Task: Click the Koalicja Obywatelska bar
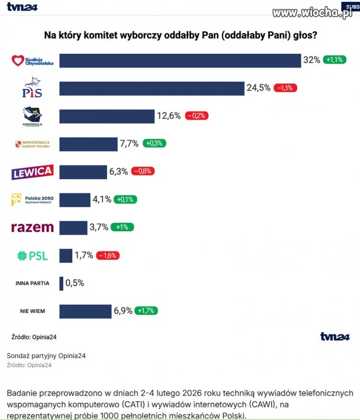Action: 180,60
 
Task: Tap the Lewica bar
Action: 83,172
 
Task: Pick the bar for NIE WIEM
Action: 85,311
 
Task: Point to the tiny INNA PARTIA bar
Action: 61,283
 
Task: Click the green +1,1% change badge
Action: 334,60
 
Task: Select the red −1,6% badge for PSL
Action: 108,255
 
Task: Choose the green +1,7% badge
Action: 146,311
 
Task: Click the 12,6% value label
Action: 168,116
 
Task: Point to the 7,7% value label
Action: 129,144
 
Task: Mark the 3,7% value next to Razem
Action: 99,228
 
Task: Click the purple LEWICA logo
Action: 32,172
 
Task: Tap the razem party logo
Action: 32,228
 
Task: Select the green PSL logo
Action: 33,256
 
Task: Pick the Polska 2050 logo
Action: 32,200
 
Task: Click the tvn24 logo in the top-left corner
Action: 22,7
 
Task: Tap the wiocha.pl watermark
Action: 312,12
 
